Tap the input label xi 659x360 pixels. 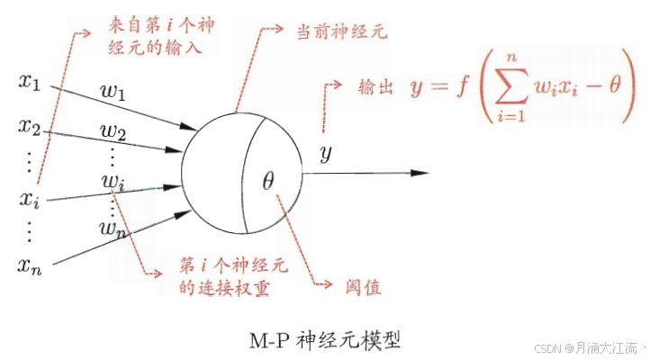[30, 197]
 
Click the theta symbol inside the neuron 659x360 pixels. [267, 180]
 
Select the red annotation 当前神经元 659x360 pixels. [342, 33]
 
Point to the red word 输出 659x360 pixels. [376, 87]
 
